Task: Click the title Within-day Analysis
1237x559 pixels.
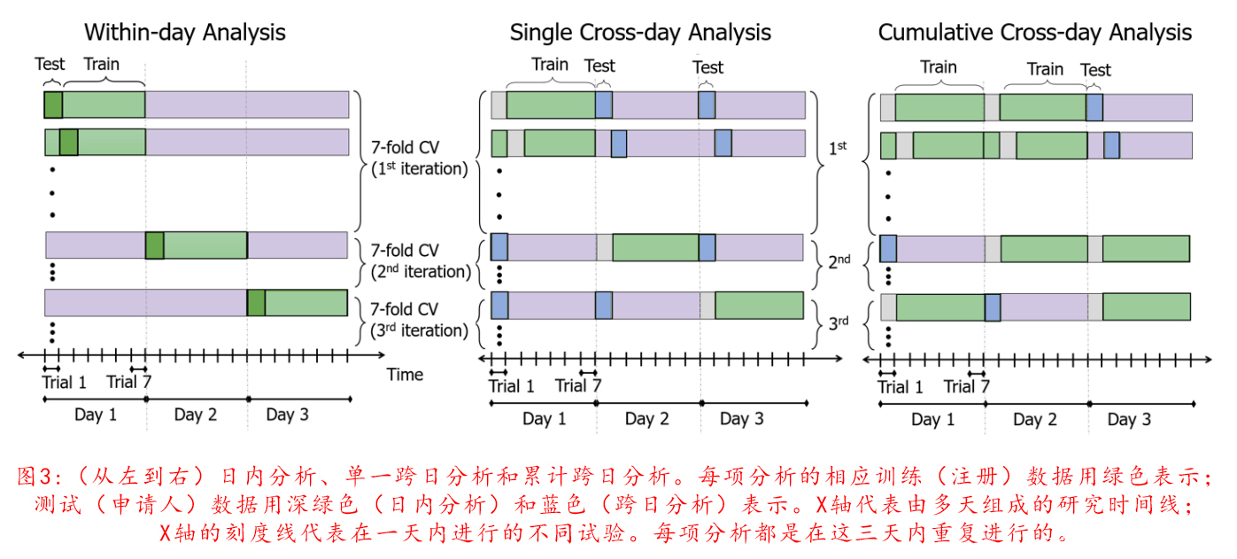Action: click(x=184, y=34)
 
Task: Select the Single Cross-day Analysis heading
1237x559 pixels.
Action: click(x=639, y=34)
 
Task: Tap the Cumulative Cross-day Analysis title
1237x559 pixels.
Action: click(x=1034, y=34)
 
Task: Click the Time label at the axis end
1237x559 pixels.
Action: click(x=405, y=375)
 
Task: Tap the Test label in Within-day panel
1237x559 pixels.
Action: click(x=50, y=64)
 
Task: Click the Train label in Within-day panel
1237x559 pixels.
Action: click(x=101, y=64)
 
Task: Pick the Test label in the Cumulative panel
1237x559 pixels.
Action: click(x=1095, y=70)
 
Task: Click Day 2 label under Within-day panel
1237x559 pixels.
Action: click(x=196, y=415)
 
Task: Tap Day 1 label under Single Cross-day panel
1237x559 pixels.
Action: click(x=543, y=419)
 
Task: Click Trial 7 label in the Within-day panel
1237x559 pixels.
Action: click(x=134, y=382)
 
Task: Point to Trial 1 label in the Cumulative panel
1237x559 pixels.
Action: click(x=900, y=387)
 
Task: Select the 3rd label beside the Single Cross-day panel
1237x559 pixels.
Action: click(x=839, y=322)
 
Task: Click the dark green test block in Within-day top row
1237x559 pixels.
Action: click(x=53, y=105)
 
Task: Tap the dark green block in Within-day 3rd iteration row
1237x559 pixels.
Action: click(x=256, y=303)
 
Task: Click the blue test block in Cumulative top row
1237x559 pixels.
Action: click(x=1094, y=107)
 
